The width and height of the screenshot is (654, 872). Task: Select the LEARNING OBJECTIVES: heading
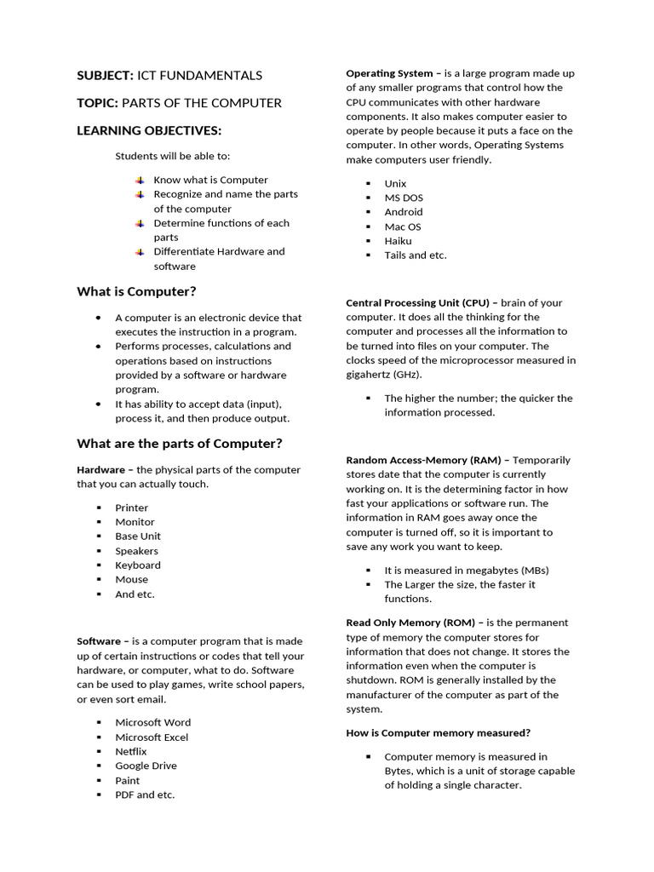coord(149,130)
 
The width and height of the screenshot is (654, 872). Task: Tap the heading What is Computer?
coord(136,291)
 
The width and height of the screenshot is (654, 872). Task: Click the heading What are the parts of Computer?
coord(179,443)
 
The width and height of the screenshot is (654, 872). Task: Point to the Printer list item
coord(131,508)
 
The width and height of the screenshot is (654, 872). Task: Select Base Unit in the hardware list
coord(138,536)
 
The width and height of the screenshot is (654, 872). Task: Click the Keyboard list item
coord(138,565)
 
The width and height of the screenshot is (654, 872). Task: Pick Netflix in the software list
coord(131,751)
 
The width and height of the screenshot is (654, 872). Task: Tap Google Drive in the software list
coord(146,766)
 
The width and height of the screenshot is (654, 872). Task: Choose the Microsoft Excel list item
coord(152,737)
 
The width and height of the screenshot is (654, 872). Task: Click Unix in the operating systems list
coord(395,183)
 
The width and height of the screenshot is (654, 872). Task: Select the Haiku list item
coord(398,241)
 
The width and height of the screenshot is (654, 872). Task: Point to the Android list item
coord(403,212)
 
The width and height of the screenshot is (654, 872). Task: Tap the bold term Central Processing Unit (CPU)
coord(417,302)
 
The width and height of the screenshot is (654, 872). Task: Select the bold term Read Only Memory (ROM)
coord(405,622)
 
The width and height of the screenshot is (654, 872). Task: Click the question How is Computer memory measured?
coord(438,732)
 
